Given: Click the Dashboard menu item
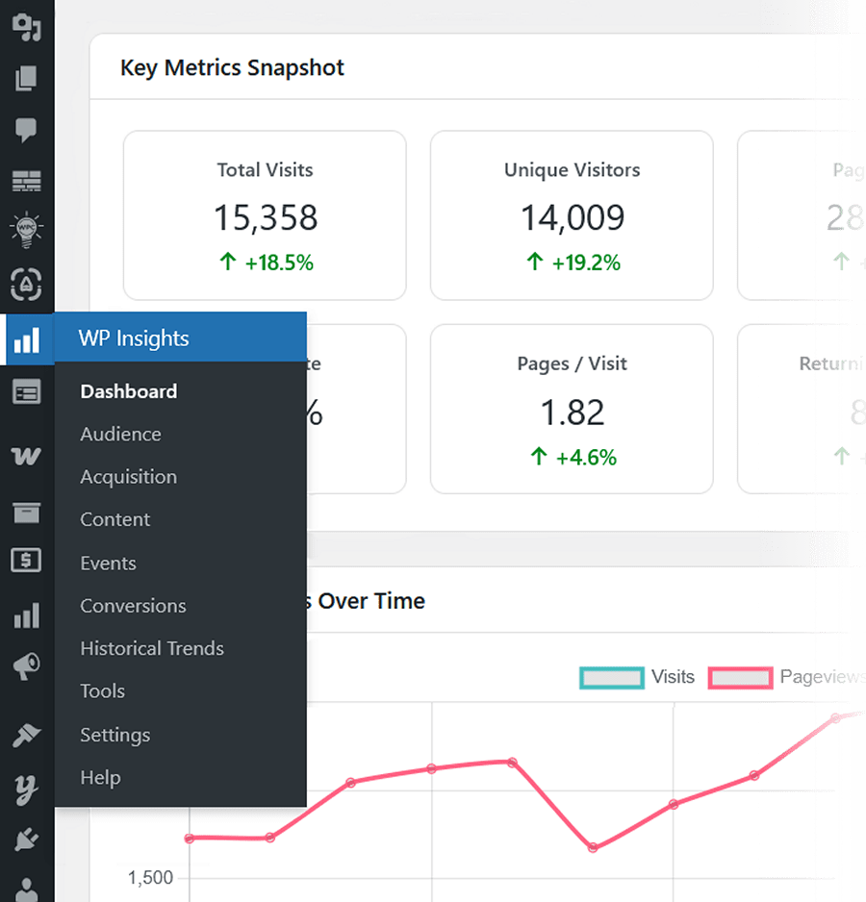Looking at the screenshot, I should pos(128,391).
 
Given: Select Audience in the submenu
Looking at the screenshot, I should pos(120,435).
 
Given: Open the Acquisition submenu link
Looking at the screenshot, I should pos(128,477).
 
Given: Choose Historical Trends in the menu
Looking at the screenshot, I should pos(151,648).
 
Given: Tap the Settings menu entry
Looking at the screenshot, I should pos(115,735).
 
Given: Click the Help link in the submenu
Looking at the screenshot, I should pos(100,777).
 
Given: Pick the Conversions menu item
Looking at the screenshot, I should pos(133,606).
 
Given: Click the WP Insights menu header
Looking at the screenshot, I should pos(134,338).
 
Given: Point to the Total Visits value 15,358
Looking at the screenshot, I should pos(265,218).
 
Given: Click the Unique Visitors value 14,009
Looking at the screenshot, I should pos(573,218).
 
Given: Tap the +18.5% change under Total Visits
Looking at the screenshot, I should pos(267,263).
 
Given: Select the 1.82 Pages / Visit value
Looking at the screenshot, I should pos(573,413).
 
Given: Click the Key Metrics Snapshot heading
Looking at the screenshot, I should pos(232,68).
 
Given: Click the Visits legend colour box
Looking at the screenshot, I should pos(611,677).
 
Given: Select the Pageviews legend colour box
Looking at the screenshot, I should pos(740,677).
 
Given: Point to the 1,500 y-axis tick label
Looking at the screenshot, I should pos(150,878).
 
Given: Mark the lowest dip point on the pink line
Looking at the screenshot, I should pos(593,847).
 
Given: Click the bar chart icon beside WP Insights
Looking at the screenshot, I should pos(26,339).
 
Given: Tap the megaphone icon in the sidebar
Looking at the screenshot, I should pos(26,665).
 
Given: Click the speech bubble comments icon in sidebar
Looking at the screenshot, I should pos(26,129).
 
